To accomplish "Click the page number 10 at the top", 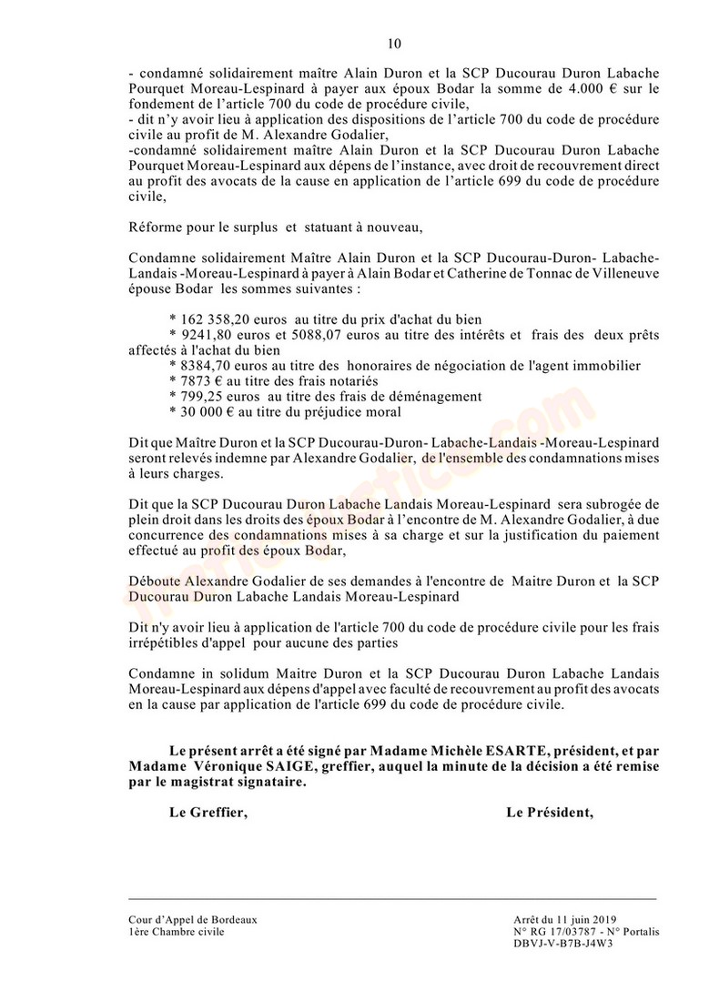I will [393, 43].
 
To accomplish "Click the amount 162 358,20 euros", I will [219, 319].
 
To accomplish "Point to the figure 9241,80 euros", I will [217, 335].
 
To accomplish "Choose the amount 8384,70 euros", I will [217, 366].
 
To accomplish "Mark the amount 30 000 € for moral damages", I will [200, 412].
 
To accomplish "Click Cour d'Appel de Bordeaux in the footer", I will [193, 919].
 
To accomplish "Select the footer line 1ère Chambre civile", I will [176, 932].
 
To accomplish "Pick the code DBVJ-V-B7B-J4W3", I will [563, 945].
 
